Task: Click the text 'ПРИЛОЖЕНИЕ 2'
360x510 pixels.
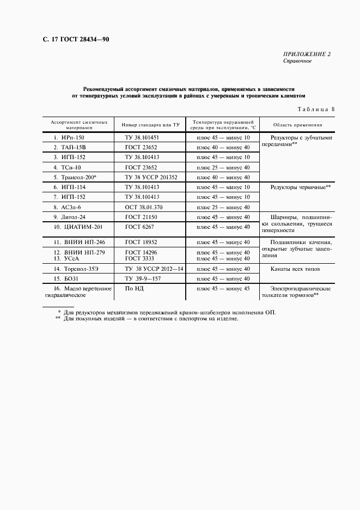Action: (307, 54)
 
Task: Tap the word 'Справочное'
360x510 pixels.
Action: (297, 61)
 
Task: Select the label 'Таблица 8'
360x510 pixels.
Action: (315, 109)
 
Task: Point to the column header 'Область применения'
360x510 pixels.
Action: (297, 125)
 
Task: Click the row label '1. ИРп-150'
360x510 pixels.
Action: (69, 138)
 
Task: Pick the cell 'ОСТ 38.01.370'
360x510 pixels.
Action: (143, 207)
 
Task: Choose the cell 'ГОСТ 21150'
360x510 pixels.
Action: (141, 217)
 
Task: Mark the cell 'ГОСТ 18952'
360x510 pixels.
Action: (141, 242)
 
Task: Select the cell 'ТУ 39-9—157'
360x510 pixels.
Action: (143, 278)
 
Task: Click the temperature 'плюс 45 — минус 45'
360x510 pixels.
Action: (223, 288)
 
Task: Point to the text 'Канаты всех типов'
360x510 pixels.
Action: (295, 269)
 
